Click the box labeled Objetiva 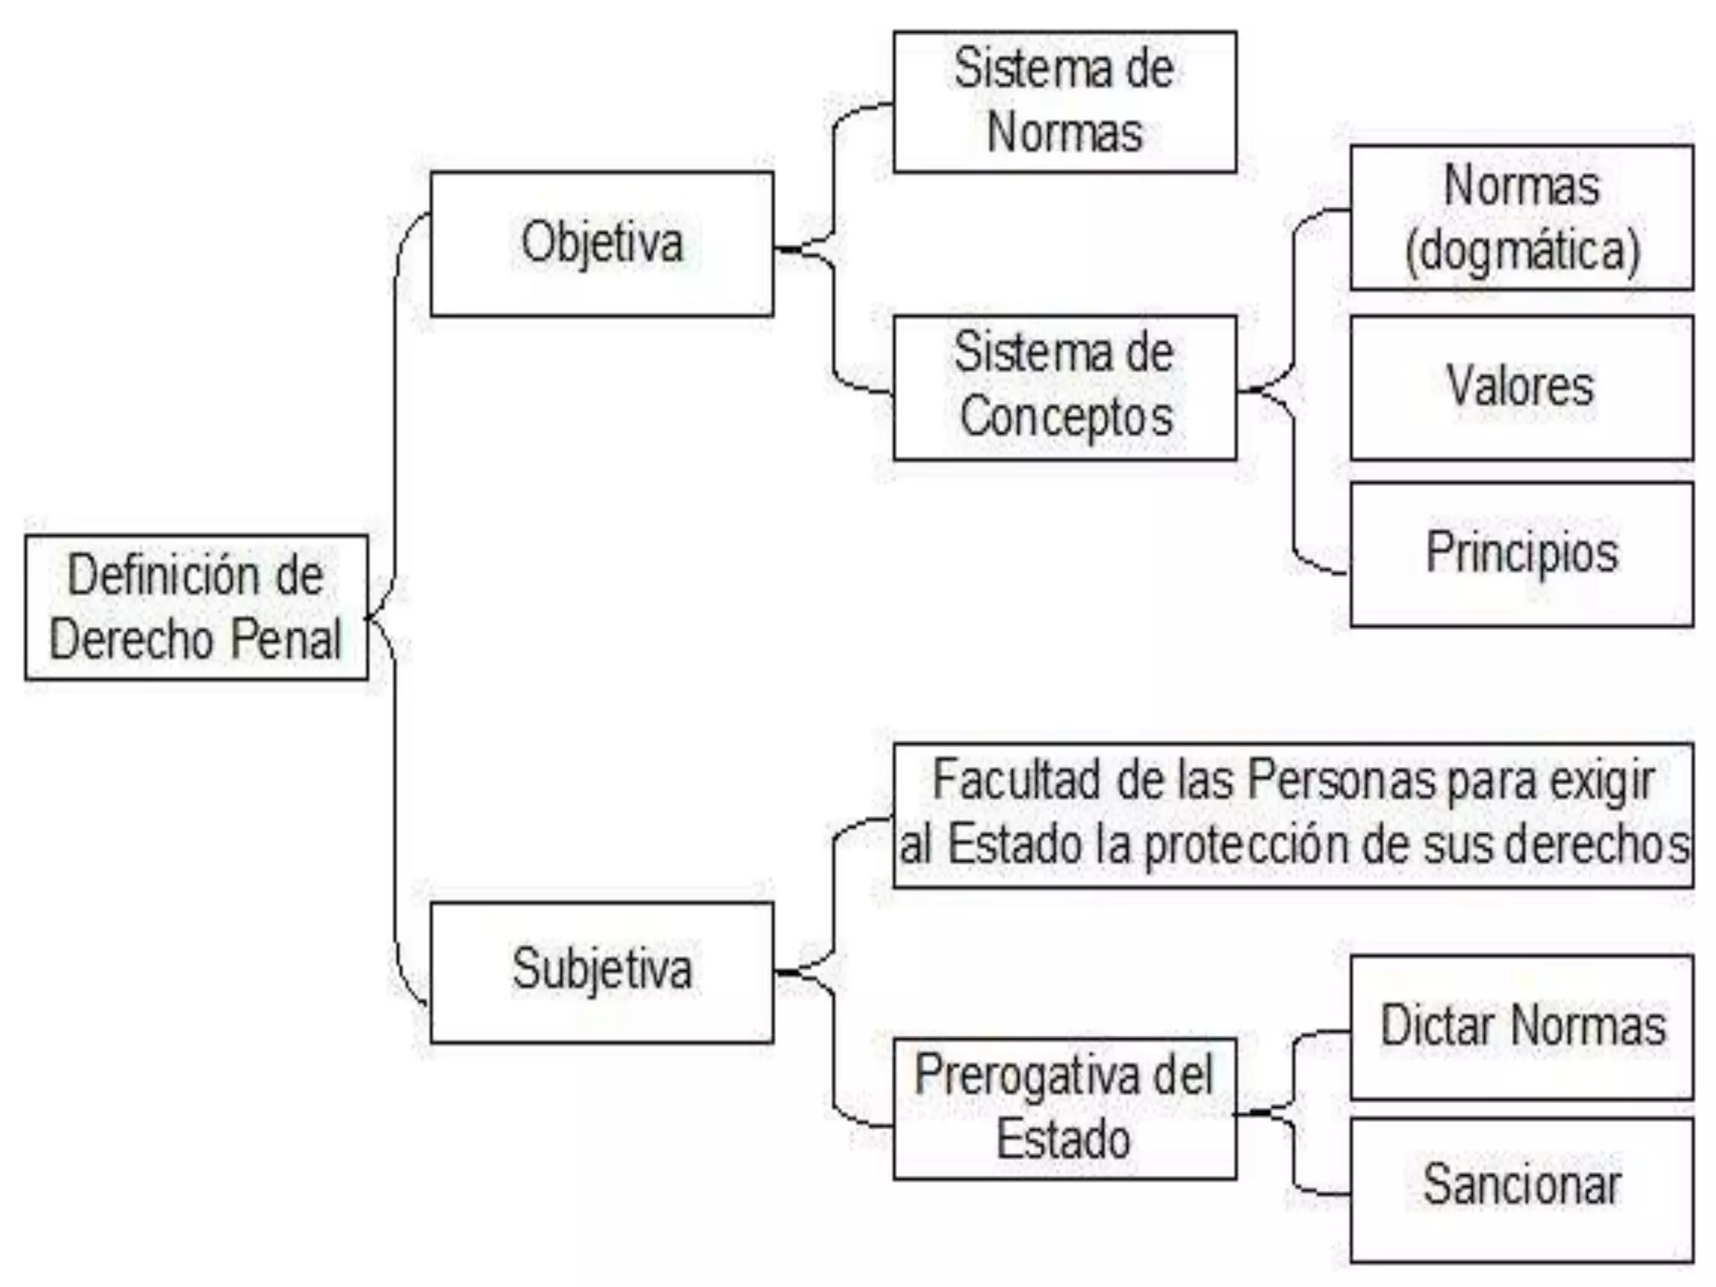pos(602,244)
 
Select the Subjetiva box pos(602,972)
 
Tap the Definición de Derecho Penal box pos(196,607)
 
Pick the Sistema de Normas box pos(1064,101)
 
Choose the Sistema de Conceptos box pos(1064,387)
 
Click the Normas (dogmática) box pos(1521,218)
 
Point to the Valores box pos(1521,387)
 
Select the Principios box pos(1521,554)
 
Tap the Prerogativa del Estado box pos(1064,1109)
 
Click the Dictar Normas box pos(1521,1026)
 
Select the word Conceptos pos(1066,417)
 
